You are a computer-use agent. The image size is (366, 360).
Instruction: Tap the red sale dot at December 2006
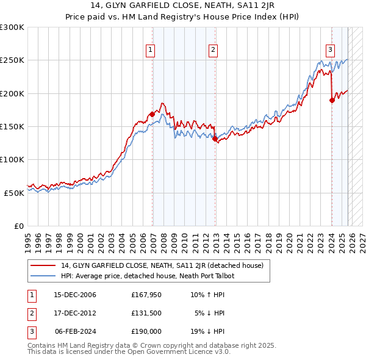pyautogui.click(x=152, y=114)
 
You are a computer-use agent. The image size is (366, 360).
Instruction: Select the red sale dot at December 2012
pyautogui.click(x=215, y=139)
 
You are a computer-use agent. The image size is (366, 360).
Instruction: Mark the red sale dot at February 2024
pyautogui.click(x=332, y=100)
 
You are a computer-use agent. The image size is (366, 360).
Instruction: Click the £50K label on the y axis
pyautogui.click(x=14, y=192)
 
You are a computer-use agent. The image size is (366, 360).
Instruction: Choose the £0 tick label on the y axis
pyautogui.click(x=18, y=225)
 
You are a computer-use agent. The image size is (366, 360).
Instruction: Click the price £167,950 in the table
pyautogui.click(x=146, y=295)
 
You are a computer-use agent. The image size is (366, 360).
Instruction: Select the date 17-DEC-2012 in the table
pyautogui.click(x=75, y=314)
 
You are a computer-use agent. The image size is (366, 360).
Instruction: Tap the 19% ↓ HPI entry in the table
pyautogui.click(x=207, y=331)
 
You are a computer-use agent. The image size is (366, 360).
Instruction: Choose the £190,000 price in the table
pyautogui.click(x=146, y=331)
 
